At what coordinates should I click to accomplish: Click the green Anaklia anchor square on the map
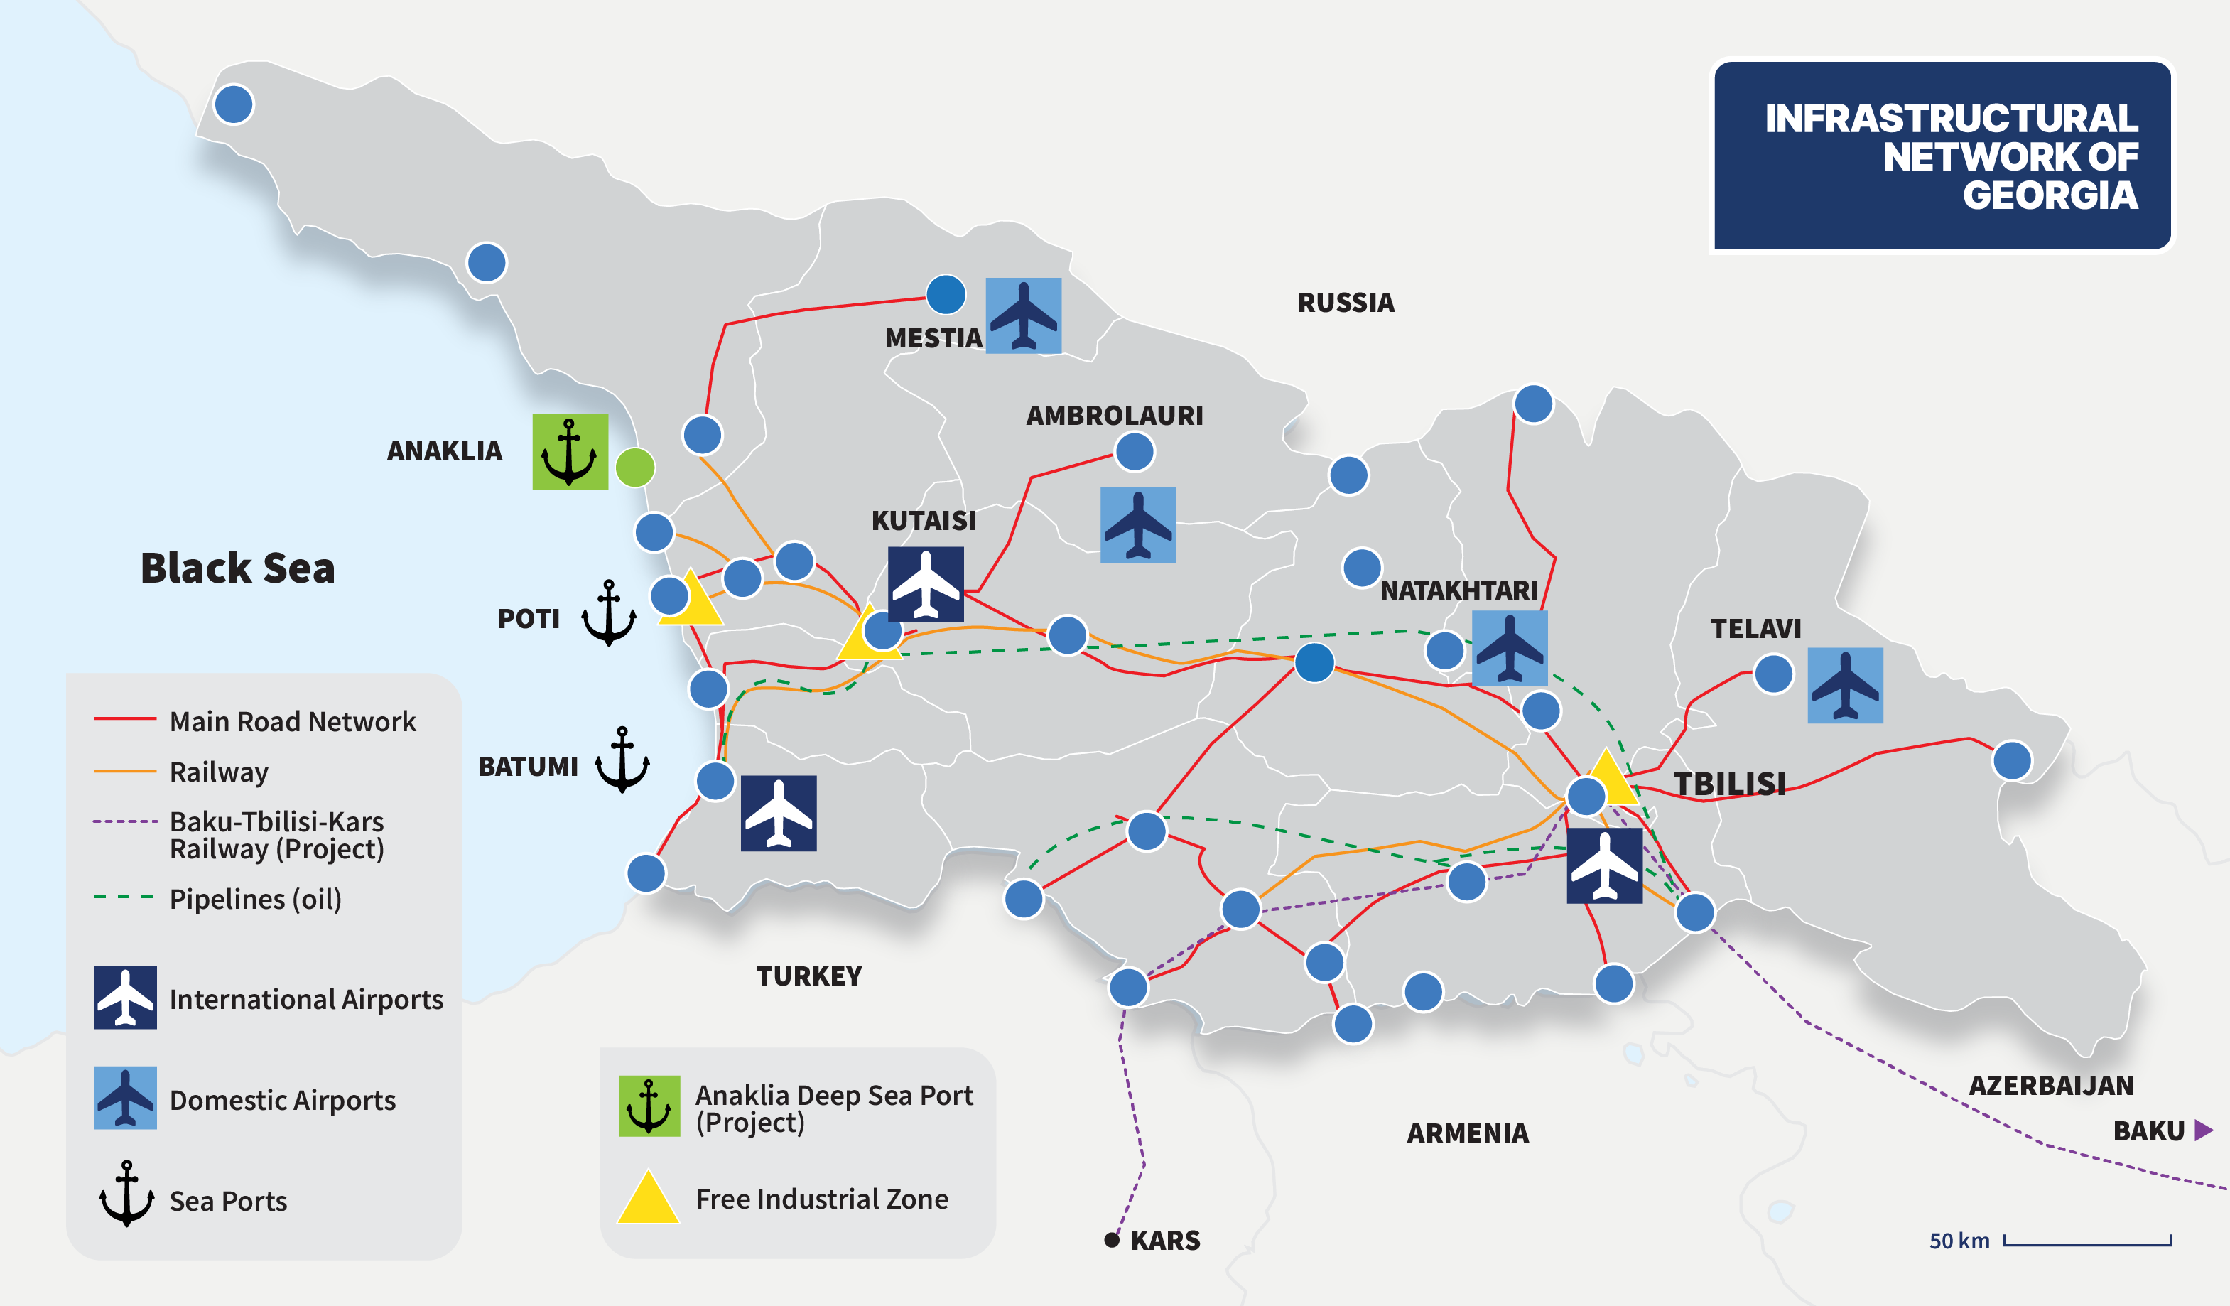point(570,451)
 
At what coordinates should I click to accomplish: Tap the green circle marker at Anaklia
point(634,467)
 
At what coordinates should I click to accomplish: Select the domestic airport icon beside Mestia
point(1023,316)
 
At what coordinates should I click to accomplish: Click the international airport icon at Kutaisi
point(926,584)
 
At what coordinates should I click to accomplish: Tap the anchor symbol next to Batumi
point(622,760)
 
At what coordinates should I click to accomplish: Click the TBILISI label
point(1729,784)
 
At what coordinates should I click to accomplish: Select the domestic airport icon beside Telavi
point(1844,685)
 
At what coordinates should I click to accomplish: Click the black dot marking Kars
point(1112,1240)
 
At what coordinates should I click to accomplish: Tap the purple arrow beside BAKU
point(2204,1130)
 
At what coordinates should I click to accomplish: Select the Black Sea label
point(237,568)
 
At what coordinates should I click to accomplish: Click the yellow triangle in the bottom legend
point(649,1199)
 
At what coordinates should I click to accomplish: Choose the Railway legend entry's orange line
point(125,772)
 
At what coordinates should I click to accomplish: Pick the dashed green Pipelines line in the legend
point(125,898)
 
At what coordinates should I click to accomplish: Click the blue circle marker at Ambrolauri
point(1135,451)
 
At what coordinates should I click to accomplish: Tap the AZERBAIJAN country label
point(2050,1085)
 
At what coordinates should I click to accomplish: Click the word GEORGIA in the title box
point(2050,195)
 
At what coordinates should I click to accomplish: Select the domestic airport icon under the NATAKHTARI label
point(1510,648)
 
